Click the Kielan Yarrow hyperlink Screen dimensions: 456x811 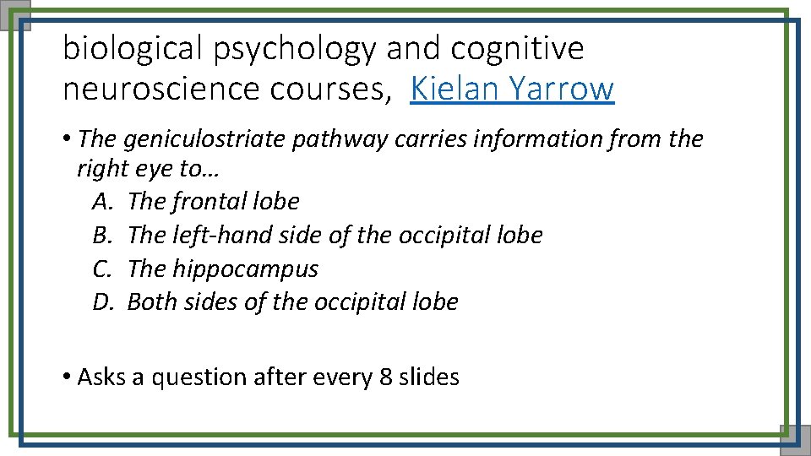click(512, 88)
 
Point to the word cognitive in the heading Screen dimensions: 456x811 click(517, 49)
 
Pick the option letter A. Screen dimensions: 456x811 click(101, 201)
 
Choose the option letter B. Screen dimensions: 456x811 click(101, 235)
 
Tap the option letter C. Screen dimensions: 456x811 click(101, 269)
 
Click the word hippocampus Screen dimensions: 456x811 click(245, 269)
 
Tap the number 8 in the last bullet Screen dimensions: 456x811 click(385, 377)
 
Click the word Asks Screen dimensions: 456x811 click(101, 377)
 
